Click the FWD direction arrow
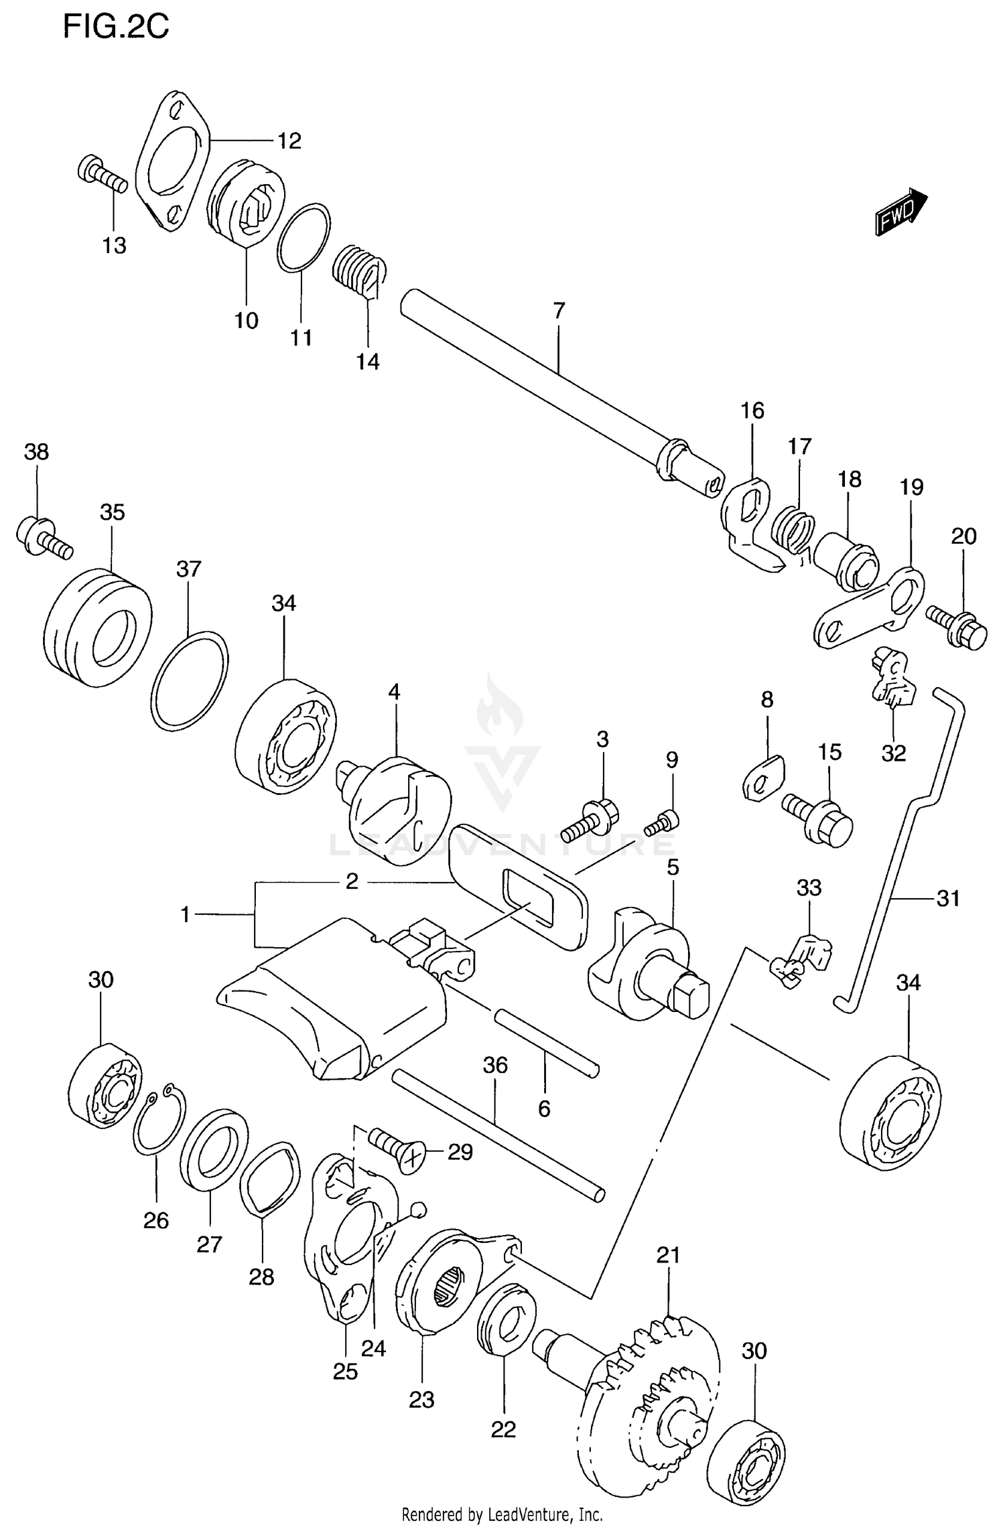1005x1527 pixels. [900, 212]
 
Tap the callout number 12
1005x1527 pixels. [289, 141]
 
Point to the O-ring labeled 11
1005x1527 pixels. [304, 238]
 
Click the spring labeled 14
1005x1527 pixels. [358, 271]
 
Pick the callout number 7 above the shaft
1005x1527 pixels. [559, 311]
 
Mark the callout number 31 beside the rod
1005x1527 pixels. [948, 898]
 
